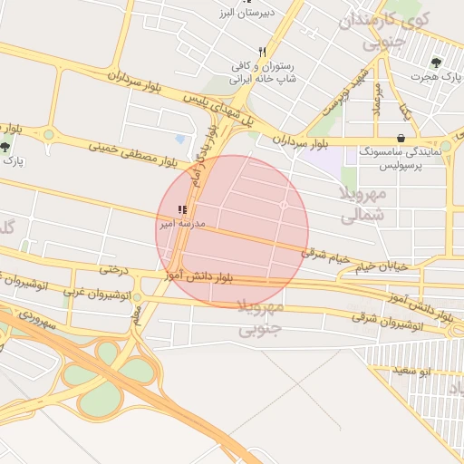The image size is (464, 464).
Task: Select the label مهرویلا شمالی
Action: (366, 204)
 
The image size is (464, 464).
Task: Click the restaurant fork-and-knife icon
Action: (262, 52)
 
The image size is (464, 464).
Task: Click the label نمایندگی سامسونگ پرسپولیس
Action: (399, 159)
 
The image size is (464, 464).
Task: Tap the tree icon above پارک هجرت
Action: (437, 63)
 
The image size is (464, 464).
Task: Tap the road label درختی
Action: (110, 269)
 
